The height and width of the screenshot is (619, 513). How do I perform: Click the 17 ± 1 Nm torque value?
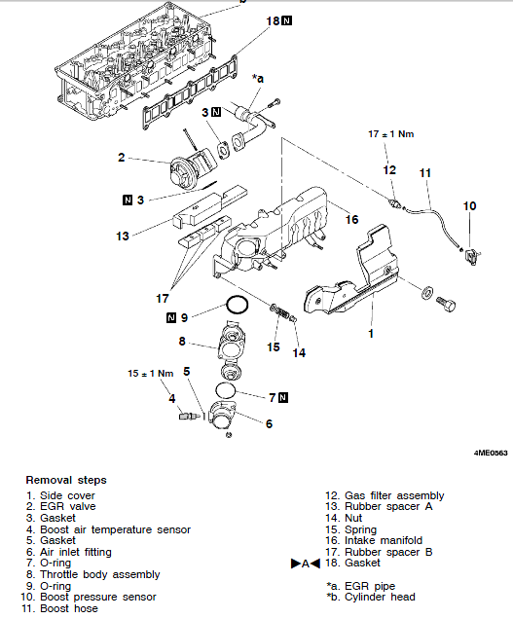pyautogui.click(x=391, y=134)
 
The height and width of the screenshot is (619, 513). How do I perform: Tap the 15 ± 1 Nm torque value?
pyautogui.click(x=151, y=374)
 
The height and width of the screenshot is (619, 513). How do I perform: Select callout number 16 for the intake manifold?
pyautogui.click(x=351, y=220)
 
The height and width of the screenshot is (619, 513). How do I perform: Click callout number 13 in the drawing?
pyautogui.click(x=123, y=237)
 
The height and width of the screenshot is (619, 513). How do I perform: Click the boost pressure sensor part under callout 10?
pyautogui.click(x=472, y=256)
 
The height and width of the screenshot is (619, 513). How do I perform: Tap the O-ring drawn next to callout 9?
pyautogui.click(x=238, y=306)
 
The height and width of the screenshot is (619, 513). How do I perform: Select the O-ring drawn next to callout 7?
pyautogui.click(x=226, y=390)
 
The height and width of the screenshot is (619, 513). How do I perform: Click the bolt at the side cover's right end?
pyautogui.click(x=446, y=304)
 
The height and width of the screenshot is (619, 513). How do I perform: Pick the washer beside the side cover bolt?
pyautogui.click(x=427, y=293)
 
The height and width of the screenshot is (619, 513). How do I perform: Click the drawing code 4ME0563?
pyautogui.click(x=491, y=453)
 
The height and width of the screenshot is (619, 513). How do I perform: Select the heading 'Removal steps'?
pyautogui.click(x=66, y=480)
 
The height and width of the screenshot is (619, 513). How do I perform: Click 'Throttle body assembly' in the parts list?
pyautogui.click(x=100, y=574)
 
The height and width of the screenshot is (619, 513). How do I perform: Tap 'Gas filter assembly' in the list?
pyautogui.click(x=394, y=495)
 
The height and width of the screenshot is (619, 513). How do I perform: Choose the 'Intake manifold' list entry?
pyautogui.click(x=384, y=540)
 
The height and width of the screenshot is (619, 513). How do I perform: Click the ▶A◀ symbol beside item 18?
pyautogui.click(x=306, y=564)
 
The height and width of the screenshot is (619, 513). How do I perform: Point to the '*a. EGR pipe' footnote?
pyautogui.click(x=360, y=586)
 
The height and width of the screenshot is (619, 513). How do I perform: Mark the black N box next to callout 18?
pyautogui.click(x=287, y=20)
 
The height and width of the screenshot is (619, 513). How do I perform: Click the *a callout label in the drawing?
pyautogui.click(x=258, y=79)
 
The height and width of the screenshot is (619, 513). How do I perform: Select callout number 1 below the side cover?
pyautogui.click(x=371, y=334)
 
